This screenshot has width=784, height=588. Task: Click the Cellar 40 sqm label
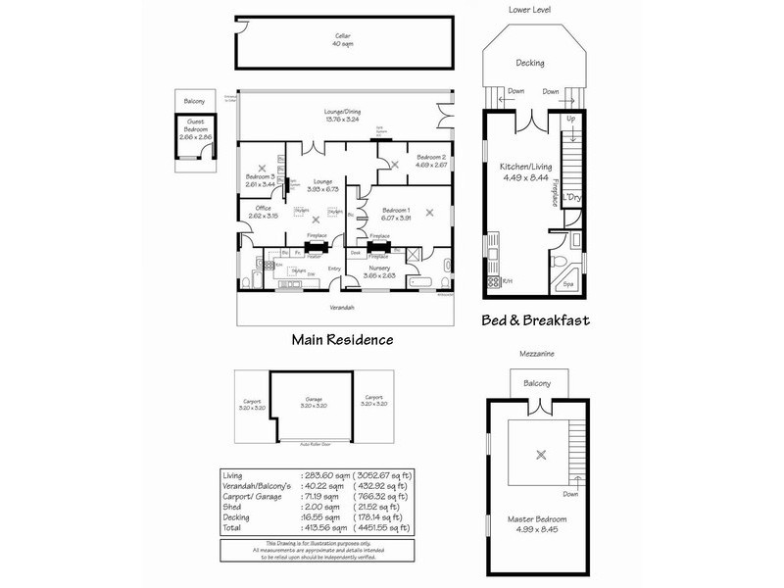coord(342,40)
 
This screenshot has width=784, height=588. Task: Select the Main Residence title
coord(342,340)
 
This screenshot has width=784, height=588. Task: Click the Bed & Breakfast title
coord(535,320)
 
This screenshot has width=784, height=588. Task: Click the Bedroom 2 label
coord(430,162)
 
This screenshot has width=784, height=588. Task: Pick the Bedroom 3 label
coord(260,180)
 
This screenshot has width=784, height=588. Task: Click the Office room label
coord(263,212)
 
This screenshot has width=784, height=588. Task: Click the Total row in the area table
coord(314,526)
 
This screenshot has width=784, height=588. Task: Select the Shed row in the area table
coord(314,506)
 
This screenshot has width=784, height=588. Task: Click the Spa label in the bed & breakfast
coord(568,284)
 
